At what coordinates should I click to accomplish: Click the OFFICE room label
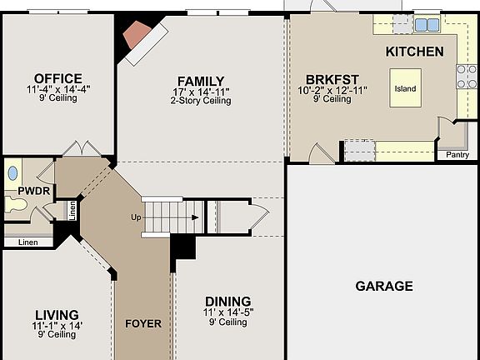pyautogui.click(x=58, y=78)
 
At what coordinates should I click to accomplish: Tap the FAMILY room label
pyautogui.click(x=201, y=80)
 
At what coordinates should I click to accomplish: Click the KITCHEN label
pyautogui.click(x=414, y=52)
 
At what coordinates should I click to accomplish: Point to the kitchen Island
pyautogui.click(x=406, y=88)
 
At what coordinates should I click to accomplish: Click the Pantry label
pyautogui.click(x=457, y=154)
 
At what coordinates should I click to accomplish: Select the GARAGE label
pyautogui.click(x=384, y=286)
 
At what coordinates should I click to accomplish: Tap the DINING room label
pyautogui.click(x=227, y=301)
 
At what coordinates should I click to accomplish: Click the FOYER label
pyautogui.click(x=143, y=323)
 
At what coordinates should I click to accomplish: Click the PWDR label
pyautogui.click(x=17, y=191)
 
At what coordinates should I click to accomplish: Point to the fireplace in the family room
pyautogui.click(x=135, y=37)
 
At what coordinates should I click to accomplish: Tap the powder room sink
pyautogui.click(x=12, y=173)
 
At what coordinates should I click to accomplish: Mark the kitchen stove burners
pyautogui.click(x=465, y=77)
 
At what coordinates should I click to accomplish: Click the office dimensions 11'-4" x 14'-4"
pyautogui.click(x=58, y=88)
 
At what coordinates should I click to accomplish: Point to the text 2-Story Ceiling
pyautogui.click(x=201, y=101)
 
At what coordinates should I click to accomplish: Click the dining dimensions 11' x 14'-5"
pyautogui.click(x=227, y=312)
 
